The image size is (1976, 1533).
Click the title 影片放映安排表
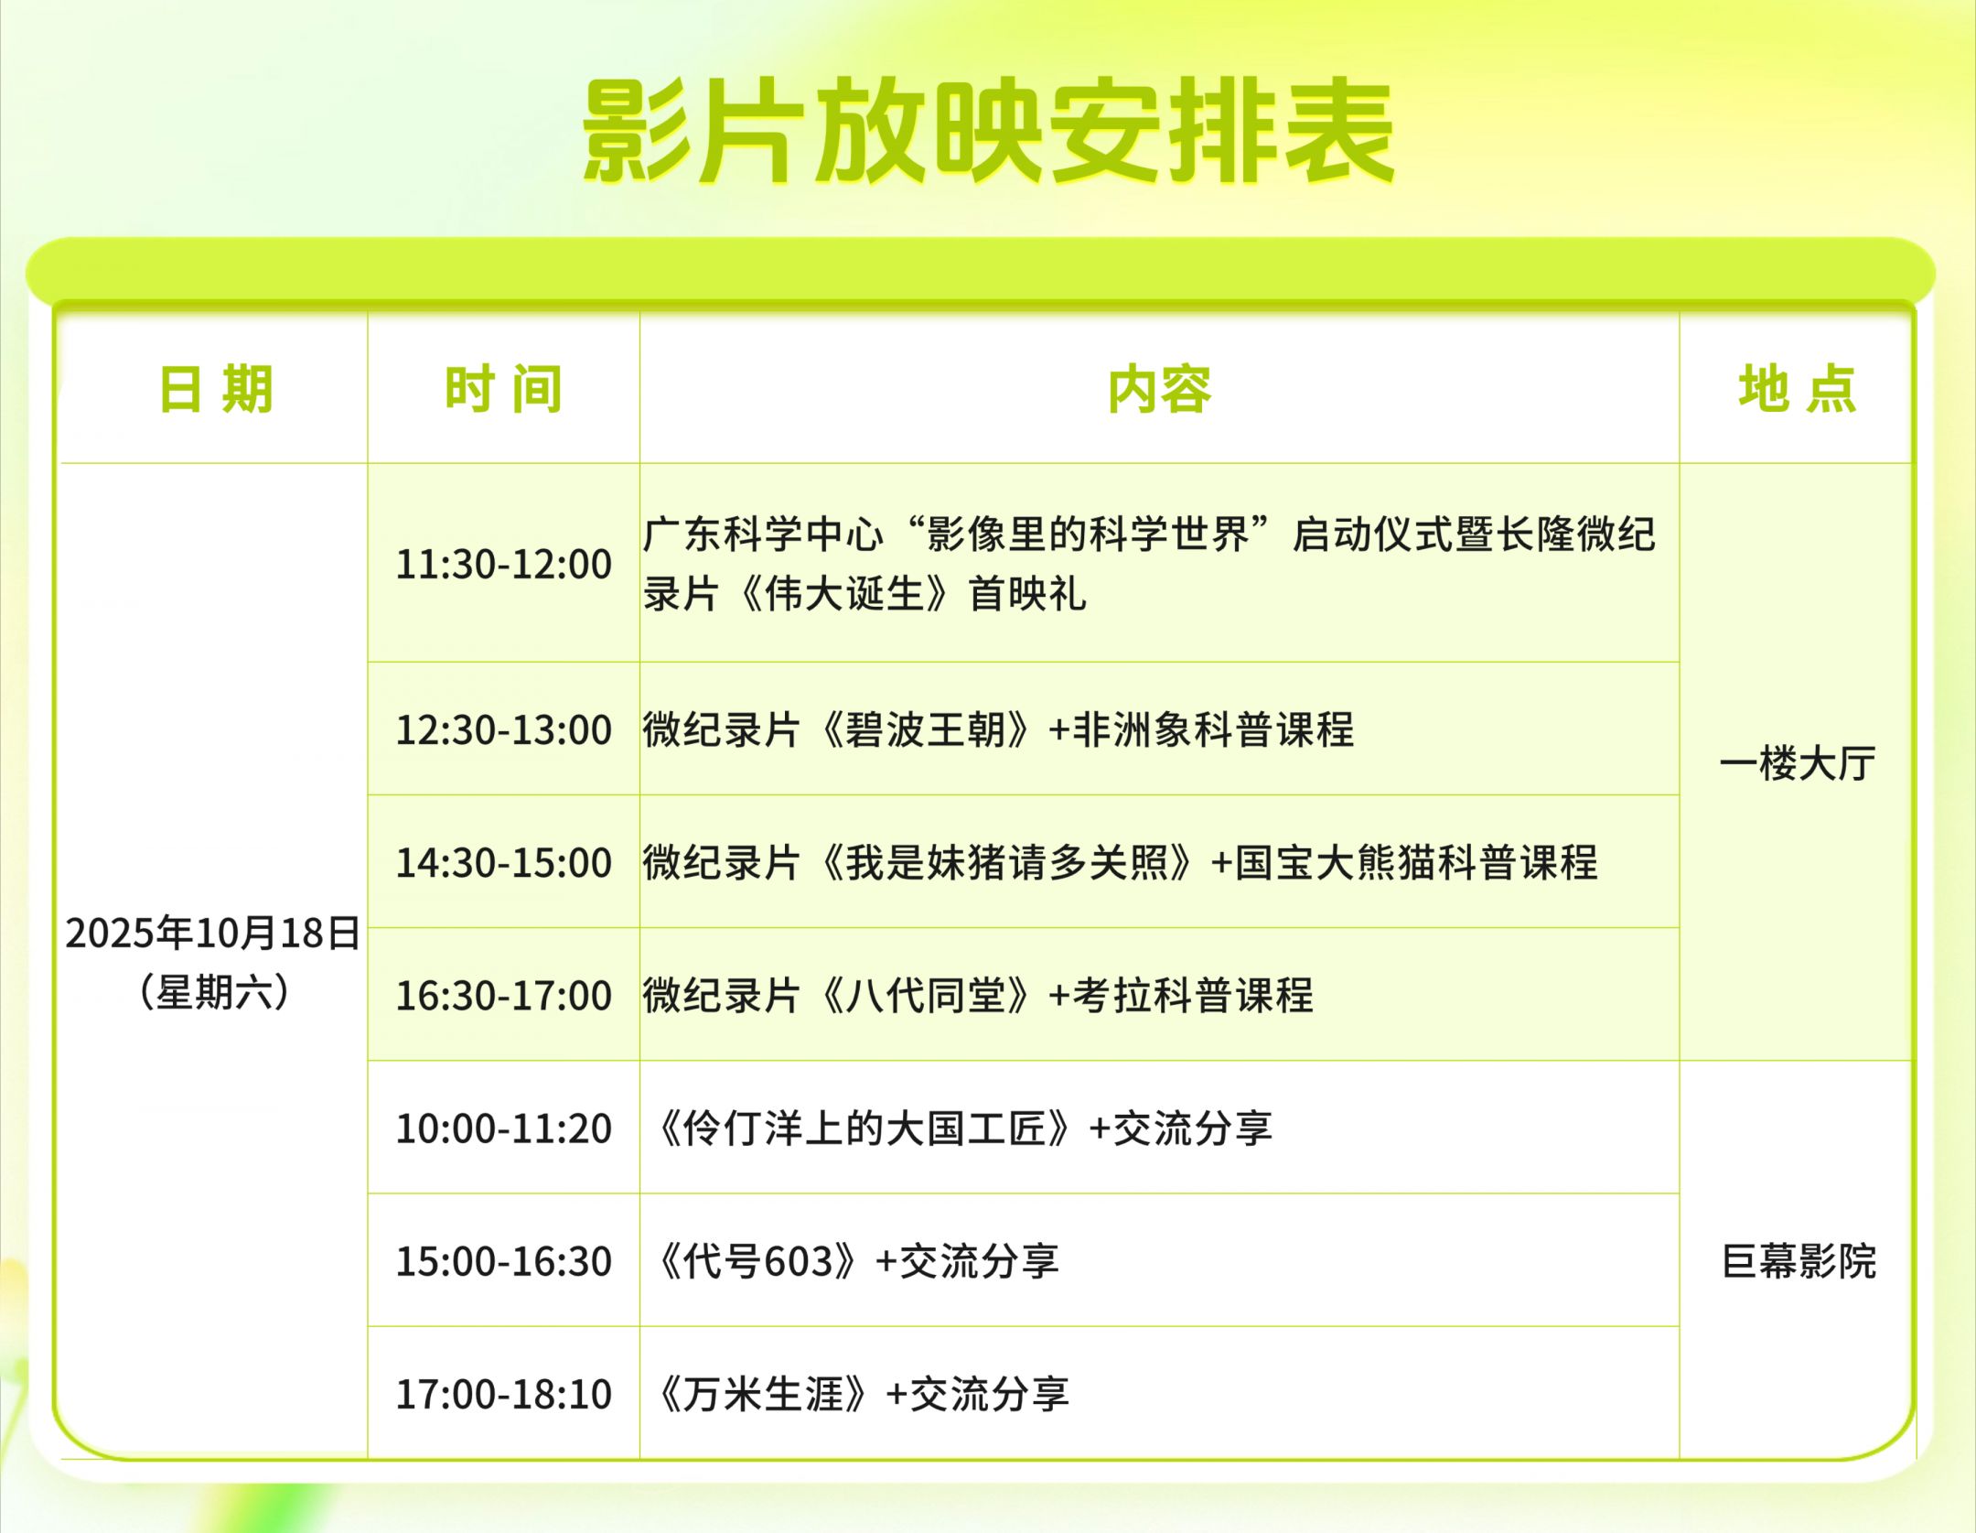click(x=988, y=132)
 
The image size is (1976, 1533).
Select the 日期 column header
click(x=216, y=389)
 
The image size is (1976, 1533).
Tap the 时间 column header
click(x=503, y=389)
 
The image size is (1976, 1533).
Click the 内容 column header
click(x=1159, y=389)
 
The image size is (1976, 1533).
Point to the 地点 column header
click(x=1798, y=389)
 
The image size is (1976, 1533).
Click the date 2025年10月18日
click(x=213, y=934)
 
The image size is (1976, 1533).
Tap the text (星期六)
click(x=214, y=992)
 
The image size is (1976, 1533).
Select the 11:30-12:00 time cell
click(x=503, y=564)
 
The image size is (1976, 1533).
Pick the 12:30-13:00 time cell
click(x=503, y=729)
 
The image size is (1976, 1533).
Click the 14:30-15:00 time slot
click(x=503, y=862)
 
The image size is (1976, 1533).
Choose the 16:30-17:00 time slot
click(x=503, y=995)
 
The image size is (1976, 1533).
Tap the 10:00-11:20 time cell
click(x=503, y=1128)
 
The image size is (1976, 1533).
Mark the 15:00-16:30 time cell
click(x=503, y=1260)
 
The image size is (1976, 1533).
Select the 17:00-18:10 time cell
click(x=503, y=1394)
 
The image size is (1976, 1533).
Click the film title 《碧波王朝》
click(x=926, y=729)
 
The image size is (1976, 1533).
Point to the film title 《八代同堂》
click(x=926, y=995)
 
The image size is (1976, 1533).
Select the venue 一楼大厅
click(x=1798, y=763)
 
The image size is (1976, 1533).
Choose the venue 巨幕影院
click(x=1799, y=1261)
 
